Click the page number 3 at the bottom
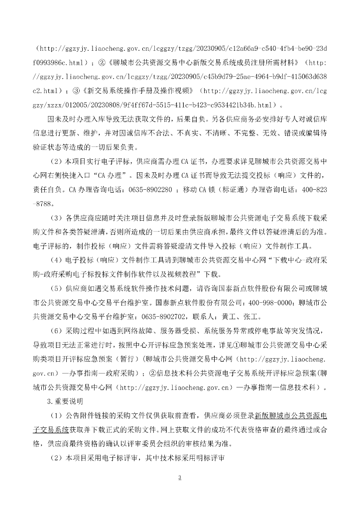[180, 478]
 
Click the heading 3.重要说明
[65, 400]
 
